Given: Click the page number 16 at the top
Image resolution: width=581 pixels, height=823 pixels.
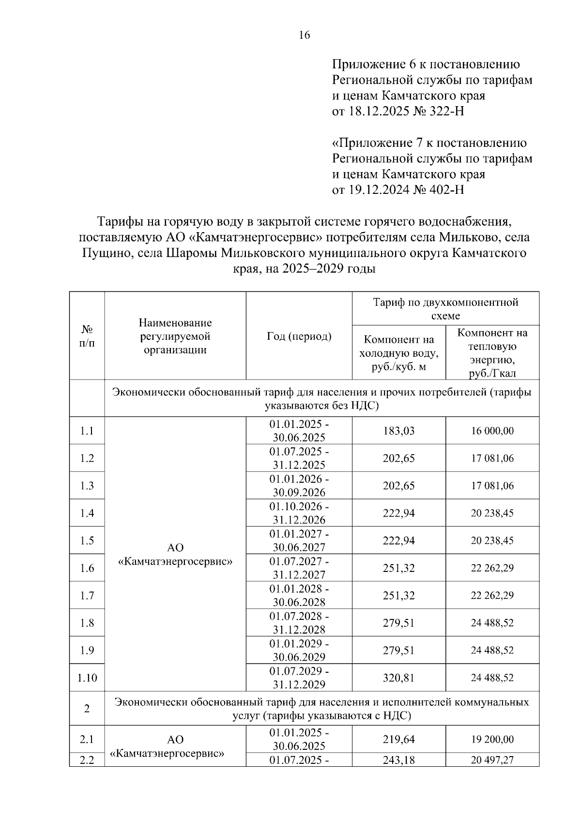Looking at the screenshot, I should (305, 35).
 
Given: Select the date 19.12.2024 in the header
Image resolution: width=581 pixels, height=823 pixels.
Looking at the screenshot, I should (378, 190).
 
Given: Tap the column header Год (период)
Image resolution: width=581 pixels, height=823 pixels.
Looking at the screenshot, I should (299, 336).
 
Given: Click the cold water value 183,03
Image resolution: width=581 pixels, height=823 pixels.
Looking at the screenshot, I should (398, 431).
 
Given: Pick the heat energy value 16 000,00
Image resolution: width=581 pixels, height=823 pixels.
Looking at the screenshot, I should (492, 431).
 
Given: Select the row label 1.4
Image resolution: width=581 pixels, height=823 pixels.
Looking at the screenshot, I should (87, 513).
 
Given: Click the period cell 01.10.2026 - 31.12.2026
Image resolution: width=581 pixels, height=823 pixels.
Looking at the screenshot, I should (299, 513).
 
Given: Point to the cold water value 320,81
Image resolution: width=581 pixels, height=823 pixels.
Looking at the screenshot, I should (398, 678).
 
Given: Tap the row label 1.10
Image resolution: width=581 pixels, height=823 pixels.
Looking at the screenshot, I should (87, 678).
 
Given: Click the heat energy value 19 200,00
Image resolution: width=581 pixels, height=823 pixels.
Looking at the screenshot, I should (492, 740).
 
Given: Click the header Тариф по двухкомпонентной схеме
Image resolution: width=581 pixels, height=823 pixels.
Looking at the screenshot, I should (445, 309).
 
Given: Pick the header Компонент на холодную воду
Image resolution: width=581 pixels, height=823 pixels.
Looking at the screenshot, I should (398, 353).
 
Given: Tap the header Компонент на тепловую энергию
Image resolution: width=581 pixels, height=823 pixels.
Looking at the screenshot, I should (492, 353).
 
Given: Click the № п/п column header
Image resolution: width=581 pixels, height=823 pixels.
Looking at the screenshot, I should (87, 336).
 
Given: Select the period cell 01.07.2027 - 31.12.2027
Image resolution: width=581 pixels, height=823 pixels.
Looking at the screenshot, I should (299, 568).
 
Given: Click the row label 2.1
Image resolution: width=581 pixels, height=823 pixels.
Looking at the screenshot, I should (87, 740).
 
